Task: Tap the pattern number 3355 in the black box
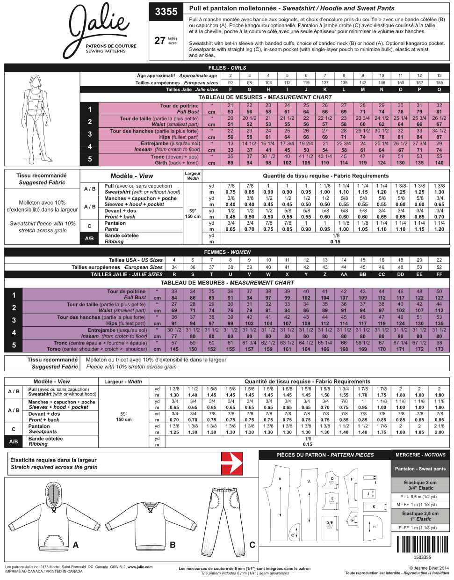point(166,12)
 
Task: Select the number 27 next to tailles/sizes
point(159,41)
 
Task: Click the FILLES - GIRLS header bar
point(227,68)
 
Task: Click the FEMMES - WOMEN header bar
point(227,252)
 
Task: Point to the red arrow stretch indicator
point(232,463)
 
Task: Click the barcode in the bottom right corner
point(422,544)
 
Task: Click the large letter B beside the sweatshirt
point(173,545)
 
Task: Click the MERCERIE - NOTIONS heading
point(420,455)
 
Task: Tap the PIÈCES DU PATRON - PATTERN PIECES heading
point(325,455)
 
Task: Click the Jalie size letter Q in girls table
point(439,89)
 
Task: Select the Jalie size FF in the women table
point(439,274)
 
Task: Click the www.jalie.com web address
point(140,567)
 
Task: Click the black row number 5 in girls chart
point(90,159)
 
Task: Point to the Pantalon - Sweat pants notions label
point(420,469)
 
